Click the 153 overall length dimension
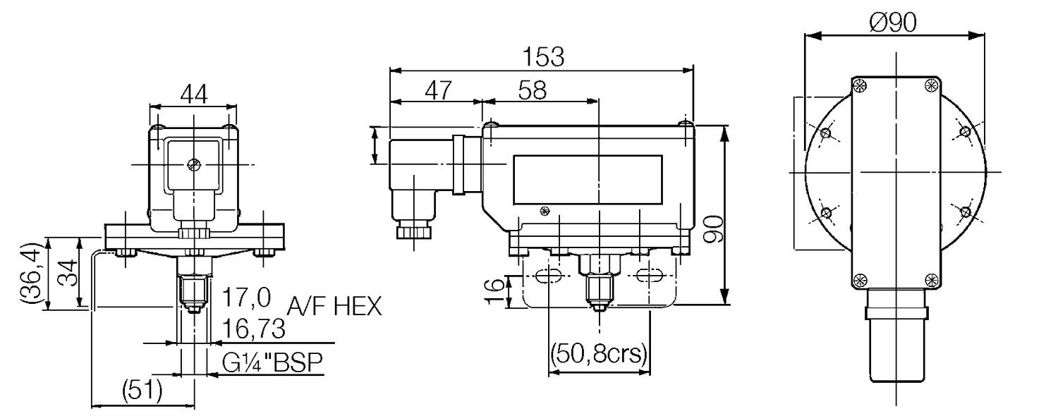coord(543,56)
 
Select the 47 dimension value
coord(438,90)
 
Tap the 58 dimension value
coord(533,90)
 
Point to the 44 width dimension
coord(194,94)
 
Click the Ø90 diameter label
coord(892,22)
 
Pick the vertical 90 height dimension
coord(713,228)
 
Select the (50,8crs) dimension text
coord(598,353)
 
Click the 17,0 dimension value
coord(246,298)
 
